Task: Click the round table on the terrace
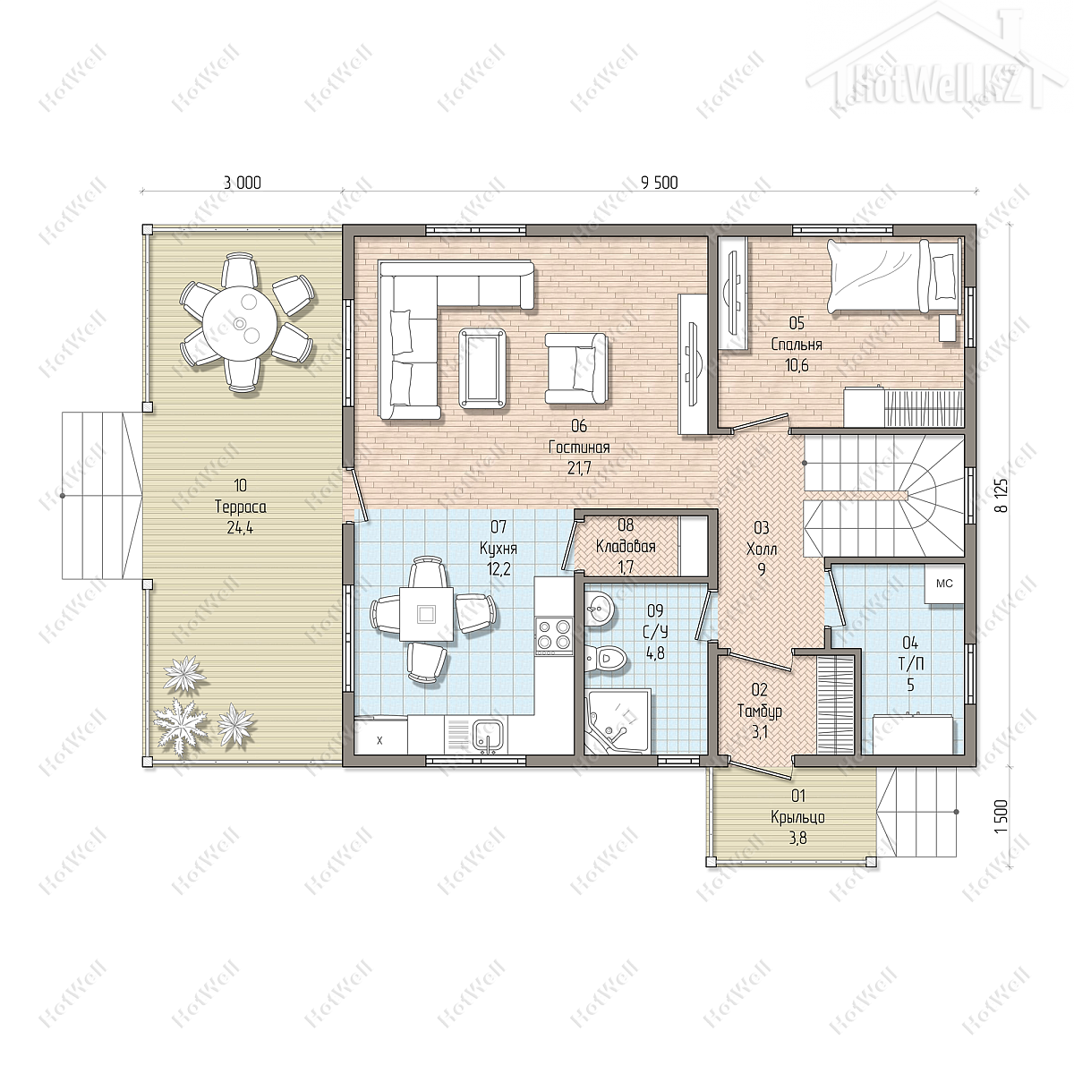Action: tap(240, 323)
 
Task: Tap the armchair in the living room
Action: tap(576, 369)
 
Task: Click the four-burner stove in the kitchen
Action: tap(553, 636)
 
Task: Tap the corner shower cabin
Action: tap(618, 721)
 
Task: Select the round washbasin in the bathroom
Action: tap(599, 609)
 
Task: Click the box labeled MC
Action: tap(944, 584)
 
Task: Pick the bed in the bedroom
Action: tap(894, 276)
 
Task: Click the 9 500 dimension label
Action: tap(660, 183)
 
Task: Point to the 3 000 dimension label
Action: tap(242, 183)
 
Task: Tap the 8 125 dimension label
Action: tap(1004, 496)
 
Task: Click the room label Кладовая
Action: tap(626, 546)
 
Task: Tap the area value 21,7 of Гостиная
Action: tap(580, 469)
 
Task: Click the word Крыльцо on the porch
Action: tap(797, 818)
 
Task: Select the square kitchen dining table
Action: tap(426, 614)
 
